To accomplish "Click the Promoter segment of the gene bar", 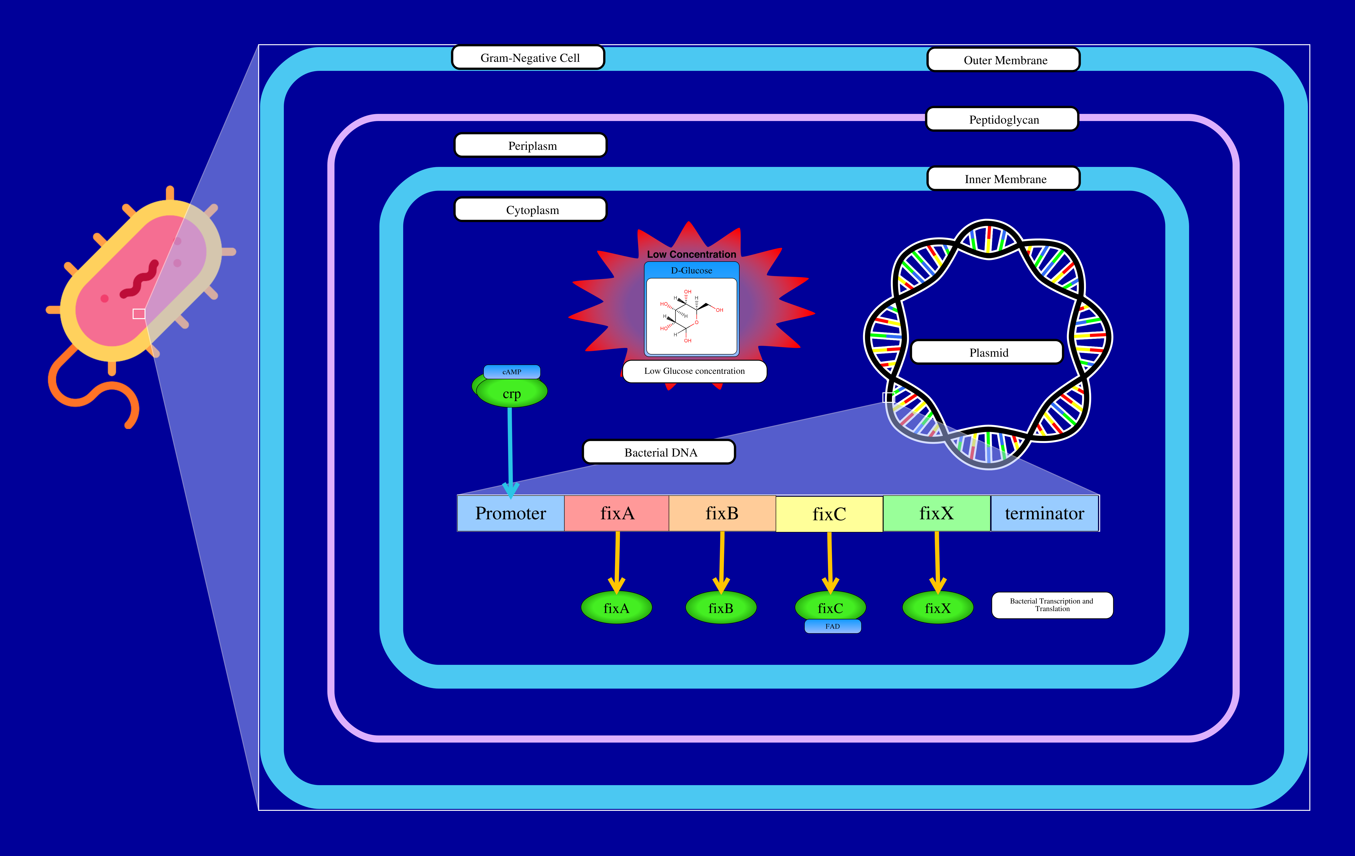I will (510, 513).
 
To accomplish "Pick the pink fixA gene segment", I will (617, 513).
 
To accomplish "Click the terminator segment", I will (1044, 513).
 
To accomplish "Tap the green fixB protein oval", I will (721, 608).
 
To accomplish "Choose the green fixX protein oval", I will (938, 608).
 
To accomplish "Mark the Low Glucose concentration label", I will (694, 371).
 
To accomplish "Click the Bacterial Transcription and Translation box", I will (1052, 605).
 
